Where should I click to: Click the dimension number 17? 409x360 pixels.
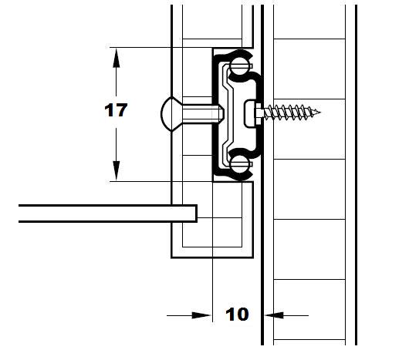[x=116, y=110]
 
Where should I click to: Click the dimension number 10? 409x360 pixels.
[x=237, y=315]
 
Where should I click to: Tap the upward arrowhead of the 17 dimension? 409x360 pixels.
[x=117, y=58]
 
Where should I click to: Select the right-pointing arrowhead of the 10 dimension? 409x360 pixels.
[x=201, y=315]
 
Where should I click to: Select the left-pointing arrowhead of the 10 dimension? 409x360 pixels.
[x=274, y=315]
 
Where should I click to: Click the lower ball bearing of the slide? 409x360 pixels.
[x=239, y=163]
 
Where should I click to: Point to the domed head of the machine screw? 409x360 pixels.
[x=167, y=113]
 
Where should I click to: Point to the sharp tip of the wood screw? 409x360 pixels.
[x=319, y=113]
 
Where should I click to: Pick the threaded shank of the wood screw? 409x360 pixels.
[x=291, y=113]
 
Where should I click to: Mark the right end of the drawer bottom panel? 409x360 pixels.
[x=197, y=214]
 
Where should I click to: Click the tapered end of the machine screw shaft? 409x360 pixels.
[x=221, y=113]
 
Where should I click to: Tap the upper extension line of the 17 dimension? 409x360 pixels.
[x=161, y=48]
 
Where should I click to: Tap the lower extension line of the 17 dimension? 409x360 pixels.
[x=161, y=181]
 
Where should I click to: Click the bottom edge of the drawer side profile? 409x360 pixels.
[x=212, y=257]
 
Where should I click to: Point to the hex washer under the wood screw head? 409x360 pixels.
[x=259, y=113]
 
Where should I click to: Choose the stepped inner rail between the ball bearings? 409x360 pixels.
[x=228, y=114]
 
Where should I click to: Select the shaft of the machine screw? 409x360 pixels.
[x=201, y=113]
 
